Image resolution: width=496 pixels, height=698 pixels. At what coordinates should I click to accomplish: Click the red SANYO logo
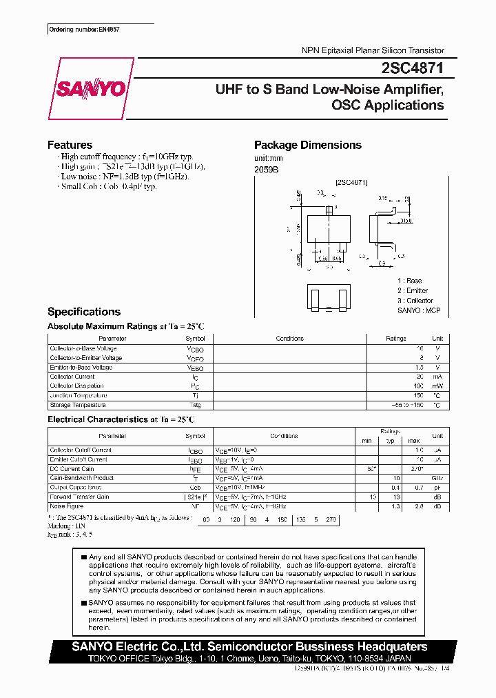point(90,89)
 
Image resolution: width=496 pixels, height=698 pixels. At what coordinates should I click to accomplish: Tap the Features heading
point(70,145)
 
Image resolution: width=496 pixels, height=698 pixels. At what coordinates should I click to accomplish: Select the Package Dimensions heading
point(307,145)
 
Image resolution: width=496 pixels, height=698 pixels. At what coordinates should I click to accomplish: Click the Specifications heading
point(84,312)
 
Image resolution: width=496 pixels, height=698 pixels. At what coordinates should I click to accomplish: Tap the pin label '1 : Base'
point(409,281)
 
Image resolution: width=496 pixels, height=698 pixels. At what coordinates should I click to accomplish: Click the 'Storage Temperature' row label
point(78,405)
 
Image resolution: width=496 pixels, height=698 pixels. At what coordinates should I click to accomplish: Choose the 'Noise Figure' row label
point(68,506)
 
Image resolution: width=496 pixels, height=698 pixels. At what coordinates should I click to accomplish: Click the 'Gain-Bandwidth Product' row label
point(81,478)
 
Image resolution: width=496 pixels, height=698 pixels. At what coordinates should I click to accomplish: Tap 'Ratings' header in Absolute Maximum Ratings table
point(395,339)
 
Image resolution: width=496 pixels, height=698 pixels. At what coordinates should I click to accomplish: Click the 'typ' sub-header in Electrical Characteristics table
point(390,440)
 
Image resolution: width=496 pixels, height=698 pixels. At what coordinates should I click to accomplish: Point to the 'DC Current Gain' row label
point(73,468)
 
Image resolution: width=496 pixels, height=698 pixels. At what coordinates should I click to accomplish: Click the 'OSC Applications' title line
point(387,106)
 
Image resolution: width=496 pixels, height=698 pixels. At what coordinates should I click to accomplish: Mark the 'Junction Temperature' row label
point(78,395)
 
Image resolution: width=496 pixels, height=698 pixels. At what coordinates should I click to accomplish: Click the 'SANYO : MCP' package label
point(418,310)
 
